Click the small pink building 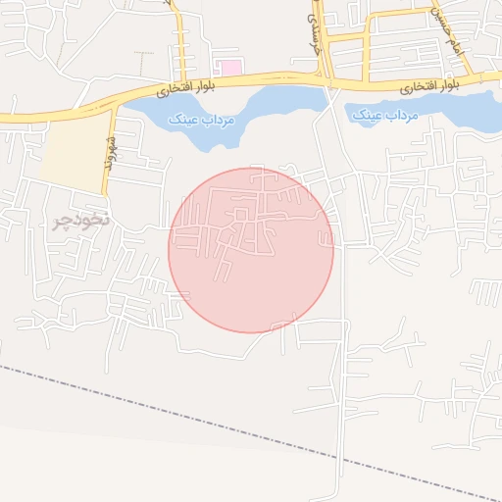[229, 67]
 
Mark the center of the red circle [251, 250]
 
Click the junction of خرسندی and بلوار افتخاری [325, 78]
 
